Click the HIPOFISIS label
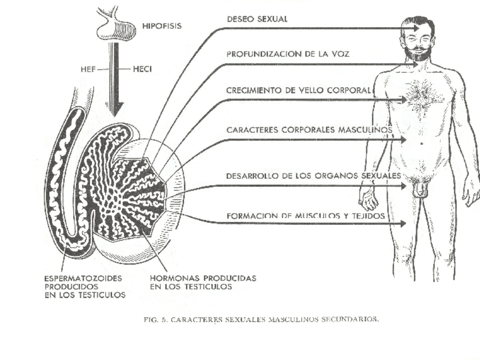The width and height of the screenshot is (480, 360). point(162,26)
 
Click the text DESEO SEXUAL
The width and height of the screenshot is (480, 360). point(257,19)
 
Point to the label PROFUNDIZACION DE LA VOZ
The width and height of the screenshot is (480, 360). point(288,54)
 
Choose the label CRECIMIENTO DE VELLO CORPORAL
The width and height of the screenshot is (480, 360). point(298,90)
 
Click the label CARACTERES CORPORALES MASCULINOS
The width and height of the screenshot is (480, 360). point(309,130)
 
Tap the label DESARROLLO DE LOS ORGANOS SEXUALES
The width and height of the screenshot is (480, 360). point(314,176)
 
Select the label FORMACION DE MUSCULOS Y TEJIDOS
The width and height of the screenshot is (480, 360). point(306,216)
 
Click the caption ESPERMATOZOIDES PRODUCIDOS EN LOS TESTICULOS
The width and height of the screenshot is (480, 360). point(84,286)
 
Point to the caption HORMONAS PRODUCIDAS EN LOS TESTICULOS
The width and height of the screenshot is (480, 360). point(203,282)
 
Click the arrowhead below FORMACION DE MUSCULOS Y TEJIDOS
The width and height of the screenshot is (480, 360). point(403,224)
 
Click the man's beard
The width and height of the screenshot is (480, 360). point(418,53)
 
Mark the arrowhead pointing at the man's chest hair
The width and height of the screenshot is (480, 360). point(404,100)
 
